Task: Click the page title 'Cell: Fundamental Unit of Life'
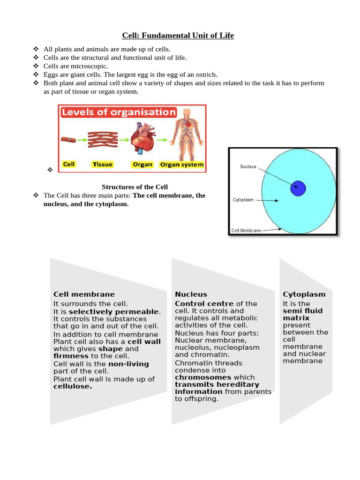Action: coord(178,36)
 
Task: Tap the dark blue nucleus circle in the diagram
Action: coord(298,188)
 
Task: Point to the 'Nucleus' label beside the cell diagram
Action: coord(248,167)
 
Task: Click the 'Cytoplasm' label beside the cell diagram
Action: coord(243,200)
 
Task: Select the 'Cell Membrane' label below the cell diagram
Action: coord(247,231)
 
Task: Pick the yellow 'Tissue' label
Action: coord(103,165)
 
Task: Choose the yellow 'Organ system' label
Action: coord(182,165)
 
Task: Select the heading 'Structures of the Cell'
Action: coord(135,187)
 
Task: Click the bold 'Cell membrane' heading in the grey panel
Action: coord(84,294)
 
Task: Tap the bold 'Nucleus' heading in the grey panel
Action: coord(191,294)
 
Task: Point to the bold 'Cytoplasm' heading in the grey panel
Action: coord(304,294)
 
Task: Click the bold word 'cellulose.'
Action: coord(73,387)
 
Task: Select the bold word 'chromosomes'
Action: coord(203,377)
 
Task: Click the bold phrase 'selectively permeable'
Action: coord(114,312)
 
